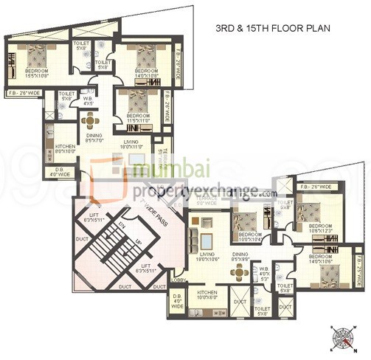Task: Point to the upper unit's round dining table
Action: point(90,120)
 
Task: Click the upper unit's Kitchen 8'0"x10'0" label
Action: point(66,149)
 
